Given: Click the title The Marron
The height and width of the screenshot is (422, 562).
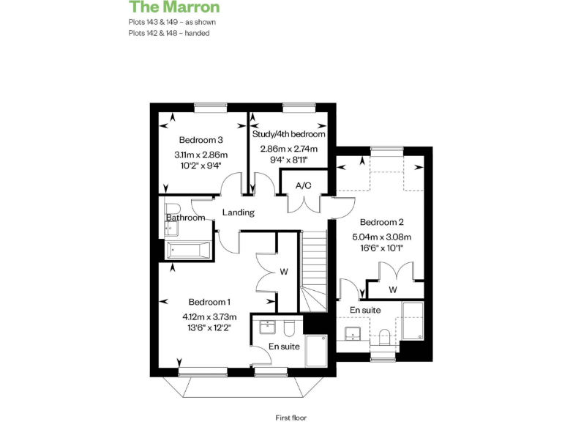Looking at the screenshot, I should (x=174, y=7).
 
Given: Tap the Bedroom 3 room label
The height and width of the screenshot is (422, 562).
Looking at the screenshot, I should (x=201, y=140).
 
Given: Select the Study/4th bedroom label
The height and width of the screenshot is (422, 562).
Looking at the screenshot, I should (x=289, y=134).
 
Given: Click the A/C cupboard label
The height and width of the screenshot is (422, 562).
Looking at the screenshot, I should (x=303, y=186).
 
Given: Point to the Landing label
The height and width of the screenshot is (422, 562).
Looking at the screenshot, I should (x=238, y=212).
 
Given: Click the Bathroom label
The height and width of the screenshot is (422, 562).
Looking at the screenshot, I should (x=185, y=218).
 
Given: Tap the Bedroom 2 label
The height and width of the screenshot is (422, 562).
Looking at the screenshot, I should (x=382, y=222).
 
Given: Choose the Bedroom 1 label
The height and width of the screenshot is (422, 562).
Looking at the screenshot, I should (x=209, y=302).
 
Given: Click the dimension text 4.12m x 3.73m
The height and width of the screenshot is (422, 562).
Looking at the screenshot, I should (x=209, y=316).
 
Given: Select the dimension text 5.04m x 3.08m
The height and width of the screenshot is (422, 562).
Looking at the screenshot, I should (x=382, y=237).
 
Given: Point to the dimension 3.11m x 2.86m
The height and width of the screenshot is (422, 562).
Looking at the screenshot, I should (x=201, y=155).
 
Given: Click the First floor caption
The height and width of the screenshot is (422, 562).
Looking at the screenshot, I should (x=291, y=418).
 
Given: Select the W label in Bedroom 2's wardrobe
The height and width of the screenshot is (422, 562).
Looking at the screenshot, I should (x=393, y=290).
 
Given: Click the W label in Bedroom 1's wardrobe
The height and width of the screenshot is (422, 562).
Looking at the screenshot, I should (x=284, y=272).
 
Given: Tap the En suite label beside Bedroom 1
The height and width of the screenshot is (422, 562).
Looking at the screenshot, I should (x=284, y=346).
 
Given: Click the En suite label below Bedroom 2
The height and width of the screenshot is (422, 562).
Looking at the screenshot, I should (x=364, y=311).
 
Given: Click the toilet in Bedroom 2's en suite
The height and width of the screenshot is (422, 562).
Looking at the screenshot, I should (x=385, y=336).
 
